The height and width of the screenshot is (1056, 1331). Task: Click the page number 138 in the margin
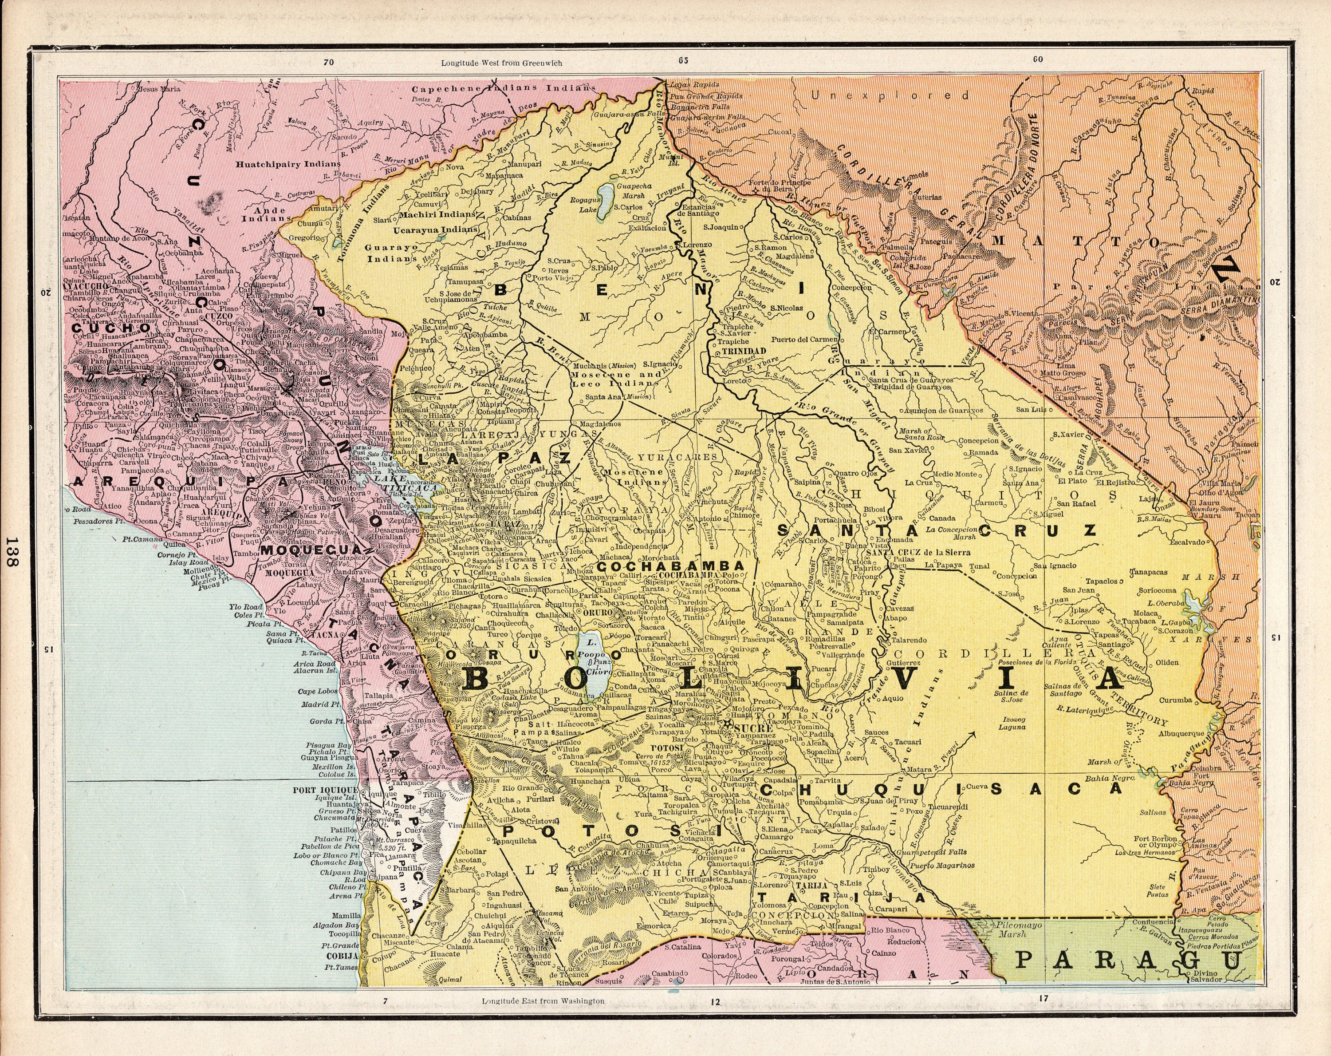12,551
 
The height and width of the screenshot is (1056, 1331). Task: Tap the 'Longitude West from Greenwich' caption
501,63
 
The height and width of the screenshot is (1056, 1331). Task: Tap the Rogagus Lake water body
607,196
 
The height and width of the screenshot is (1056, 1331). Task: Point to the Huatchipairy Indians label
287,164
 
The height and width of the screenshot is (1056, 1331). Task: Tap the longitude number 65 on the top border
683,60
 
